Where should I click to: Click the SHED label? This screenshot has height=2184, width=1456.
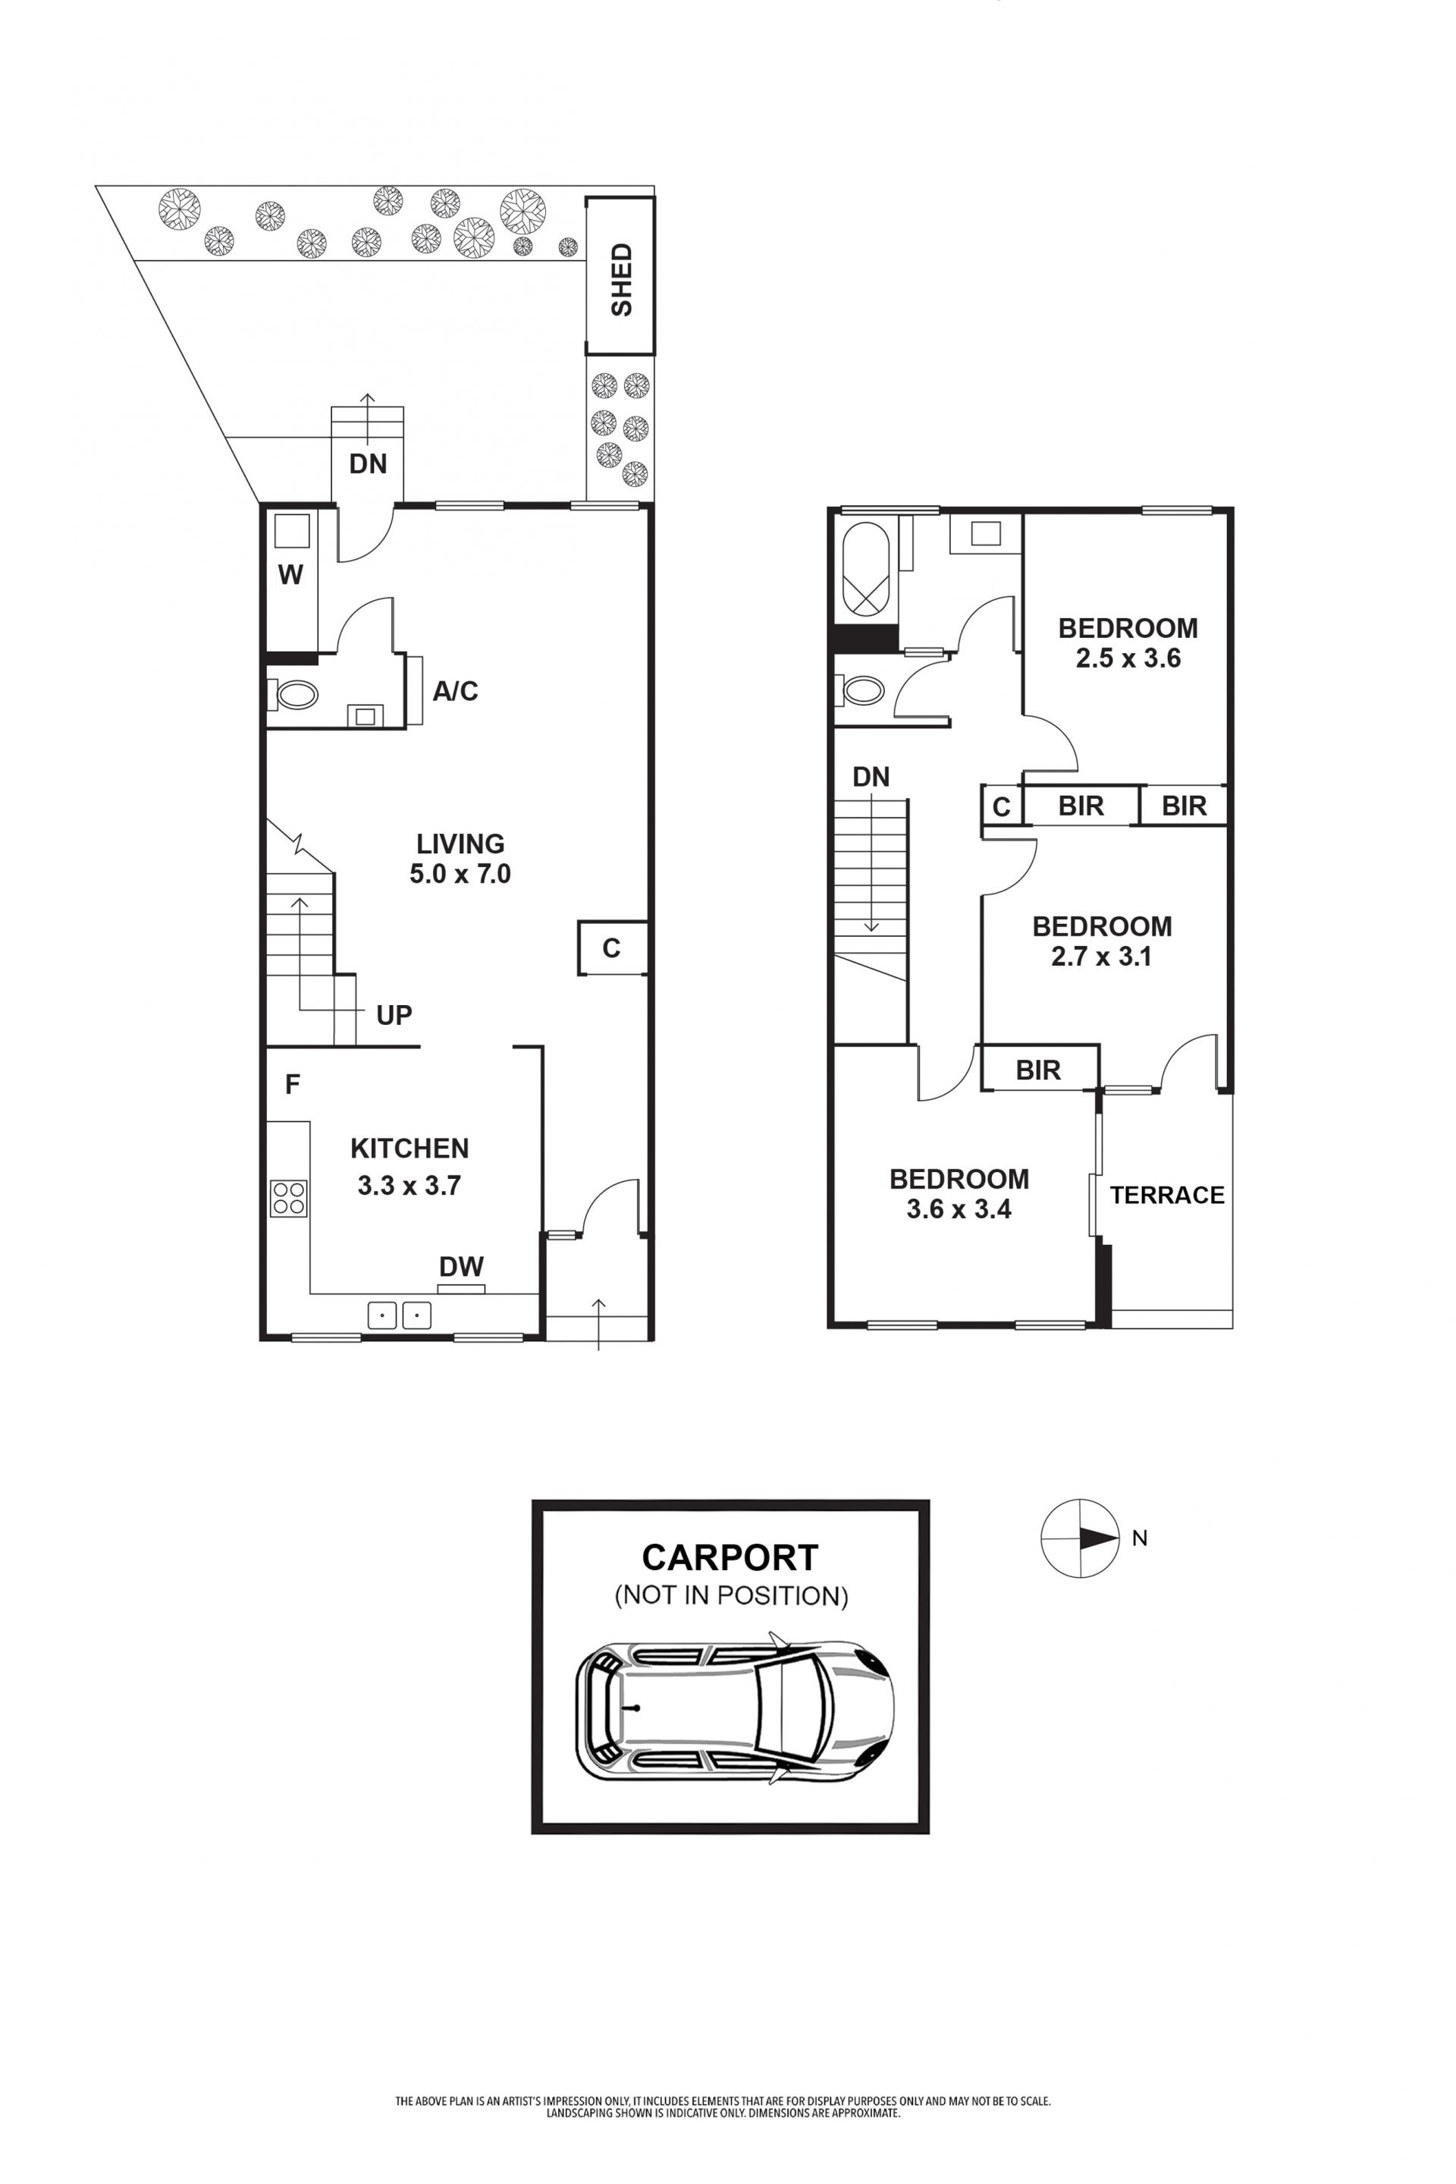pos(621,280)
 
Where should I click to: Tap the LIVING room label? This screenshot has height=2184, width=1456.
pos(460,844)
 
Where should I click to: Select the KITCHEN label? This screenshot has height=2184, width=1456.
pos(409,1149)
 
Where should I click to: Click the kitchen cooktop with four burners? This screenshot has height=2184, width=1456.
pos(289,1197)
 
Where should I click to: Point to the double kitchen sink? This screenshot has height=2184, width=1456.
pos(400,1315)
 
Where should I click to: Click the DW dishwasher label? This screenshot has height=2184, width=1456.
pos(462,1266)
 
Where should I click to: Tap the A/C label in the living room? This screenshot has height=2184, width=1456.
pos(455,691)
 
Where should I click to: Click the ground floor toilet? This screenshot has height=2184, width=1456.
pos(293,694)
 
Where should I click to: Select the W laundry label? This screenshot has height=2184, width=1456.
pos(290,575)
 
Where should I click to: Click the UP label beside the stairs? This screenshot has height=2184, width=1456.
pos(394,1014)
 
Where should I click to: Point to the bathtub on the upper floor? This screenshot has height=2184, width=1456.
pos(865,568)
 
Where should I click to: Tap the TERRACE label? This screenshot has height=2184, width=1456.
pos(1167,1195)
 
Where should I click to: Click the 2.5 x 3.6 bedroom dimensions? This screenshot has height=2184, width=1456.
pos(1128,658)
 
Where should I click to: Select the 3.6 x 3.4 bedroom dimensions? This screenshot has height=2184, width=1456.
pos(959,1209)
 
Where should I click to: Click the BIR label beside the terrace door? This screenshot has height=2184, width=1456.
pos(1038,1070)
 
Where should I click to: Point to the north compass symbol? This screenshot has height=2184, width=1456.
pos(1080,1538)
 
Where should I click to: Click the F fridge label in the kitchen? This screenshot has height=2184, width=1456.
pos(293,1084)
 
